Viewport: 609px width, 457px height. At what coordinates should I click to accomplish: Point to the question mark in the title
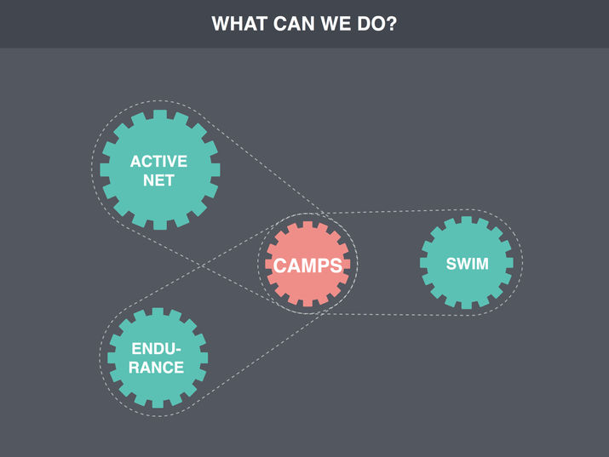(x=393, y=24)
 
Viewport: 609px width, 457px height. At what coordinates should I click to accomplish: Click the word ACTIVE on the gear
(x=158, y=161)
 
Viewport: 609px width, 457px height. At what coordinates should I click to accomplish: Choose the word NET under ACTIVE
(x=158, y=180)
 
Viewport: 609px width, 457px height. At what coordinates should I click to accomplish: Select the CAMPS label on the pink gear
(x=307, y=266)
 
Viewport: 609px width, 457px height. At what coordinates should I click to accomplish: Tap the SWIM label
(x=468, y=264)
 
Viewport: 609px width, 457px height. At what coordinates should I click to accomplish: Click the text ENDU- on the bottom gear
(x=158, y=349)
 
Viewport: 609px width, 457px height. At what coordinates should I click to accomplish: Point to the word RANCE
(x=158, y=368)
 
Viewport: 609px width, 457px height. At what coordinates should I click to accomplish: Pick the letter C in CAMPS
(x=279, y=266)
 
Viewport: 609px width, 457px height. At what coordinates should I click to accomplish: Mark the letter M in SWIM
(x=482, y=264)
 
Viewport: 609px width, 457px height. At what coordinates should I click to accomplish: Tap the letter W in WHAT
(x=221, y=24)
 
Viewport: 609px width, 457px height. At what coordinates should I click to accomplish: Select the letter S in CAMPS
(x=337, y=266)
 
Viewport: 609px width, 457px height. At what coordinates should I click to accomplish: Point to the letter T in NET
(x=173, y=180)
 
